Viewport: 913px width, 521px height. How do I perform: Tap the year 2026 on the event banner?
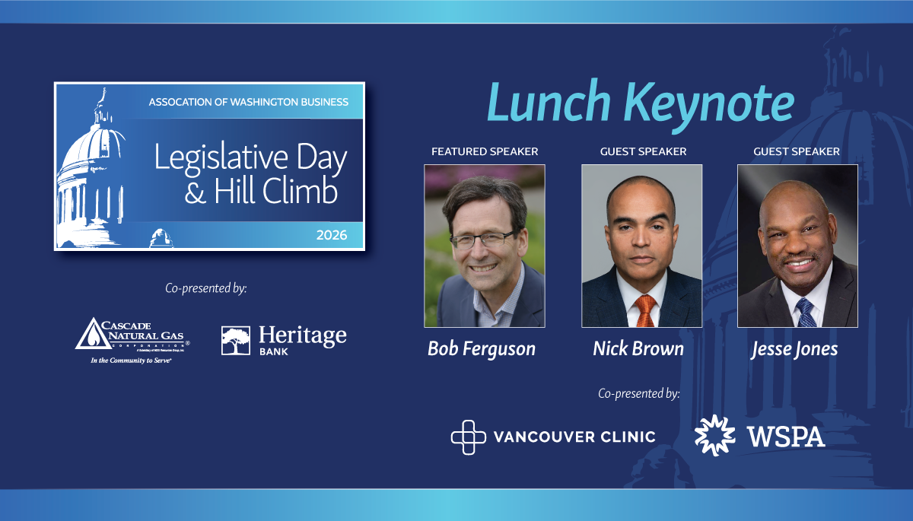(x=332, y=235)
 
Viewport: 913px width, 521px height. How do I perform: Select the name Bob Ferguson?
(x=482, y=349)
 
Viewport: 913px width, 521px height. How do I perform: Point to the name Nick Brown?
(x=638, y=349)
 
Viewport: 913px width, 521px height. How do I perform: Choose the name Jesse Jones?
(x=794, y=349)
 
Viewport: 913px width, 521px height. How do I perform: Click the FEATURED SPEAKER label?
(x=485, y=151)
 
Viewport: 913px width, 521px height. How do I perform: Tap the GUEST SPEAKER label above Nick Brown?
(x=643, y=151)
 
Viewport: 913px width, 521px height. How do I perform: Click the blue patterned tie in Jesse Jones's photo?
(x=805, y=312)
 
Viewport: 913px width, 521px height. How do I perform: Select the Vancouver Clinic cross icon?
(x=467, y=437)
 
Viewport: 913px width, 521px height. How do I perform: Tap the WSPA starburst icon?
(x=714, y=435)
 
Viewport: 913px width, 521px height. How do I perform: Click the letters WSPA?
(x=785, y=437)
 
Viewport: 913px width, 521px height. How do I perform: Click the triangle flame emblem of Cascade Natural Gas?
(x=92, y=335)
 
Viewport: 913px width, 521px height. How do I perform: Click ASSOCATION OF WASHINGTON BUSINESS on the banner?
(x=249, y=102)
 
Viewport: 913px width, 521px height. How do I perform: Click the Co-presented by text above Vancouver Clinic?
(x=638, y=394)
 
